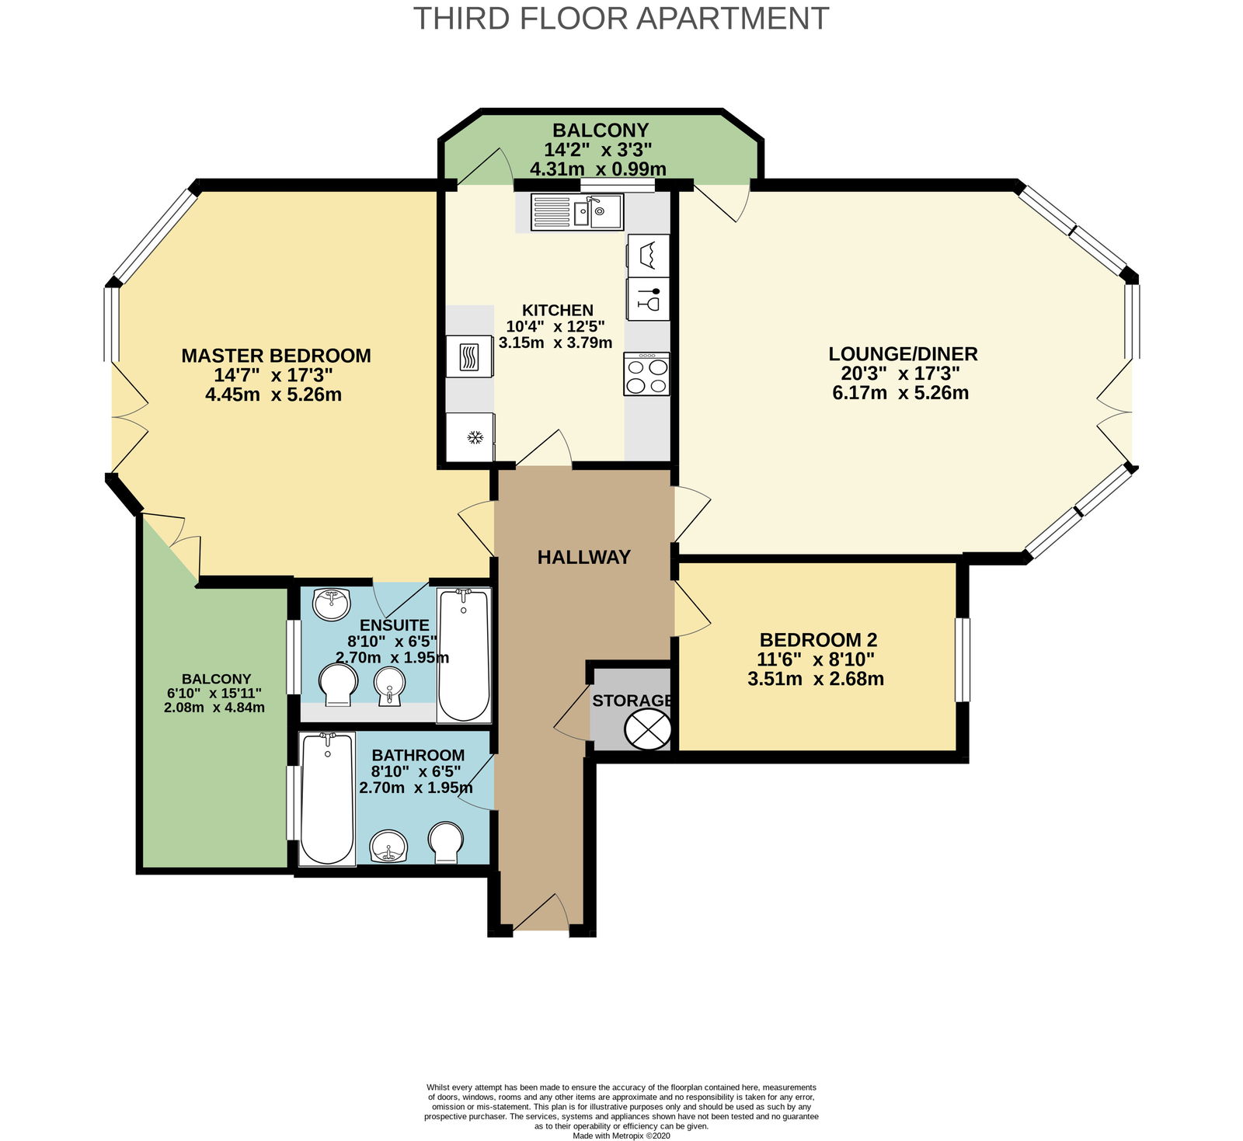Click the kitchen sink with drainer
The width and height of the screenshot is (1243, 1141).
pos(577,212)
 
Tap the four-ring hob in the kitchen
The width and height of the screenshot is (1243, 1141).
pos(646,374)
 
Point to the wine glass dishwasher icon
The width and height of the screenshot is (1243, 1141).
pos(648,299)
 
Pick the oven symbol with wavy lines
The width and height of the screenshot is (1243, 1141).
pos(469,357)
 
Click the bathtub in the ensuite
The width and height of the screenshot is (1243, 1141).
pos(464,656)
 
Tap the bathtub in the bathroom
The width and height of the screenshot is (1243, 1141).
pos(328,798)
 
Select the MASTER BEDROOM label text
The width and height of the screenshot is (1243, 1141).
pos(277,356)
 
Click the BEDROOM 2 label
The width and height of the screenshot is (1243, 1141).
pos(818,640)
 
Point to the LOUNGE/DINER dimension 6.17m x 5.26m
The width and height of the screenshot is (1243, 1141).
pos(900,392)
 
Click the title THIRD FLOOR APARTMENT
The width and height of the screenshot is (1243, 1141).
pos(621,18)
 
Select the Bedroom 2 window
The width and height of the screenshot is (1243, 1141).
pos(963,659)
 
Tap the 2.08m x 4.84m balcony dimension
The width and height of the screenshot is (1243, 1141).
pos(214,708)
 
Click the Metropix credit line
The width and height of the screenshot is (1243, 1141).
pos(621,1136)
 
